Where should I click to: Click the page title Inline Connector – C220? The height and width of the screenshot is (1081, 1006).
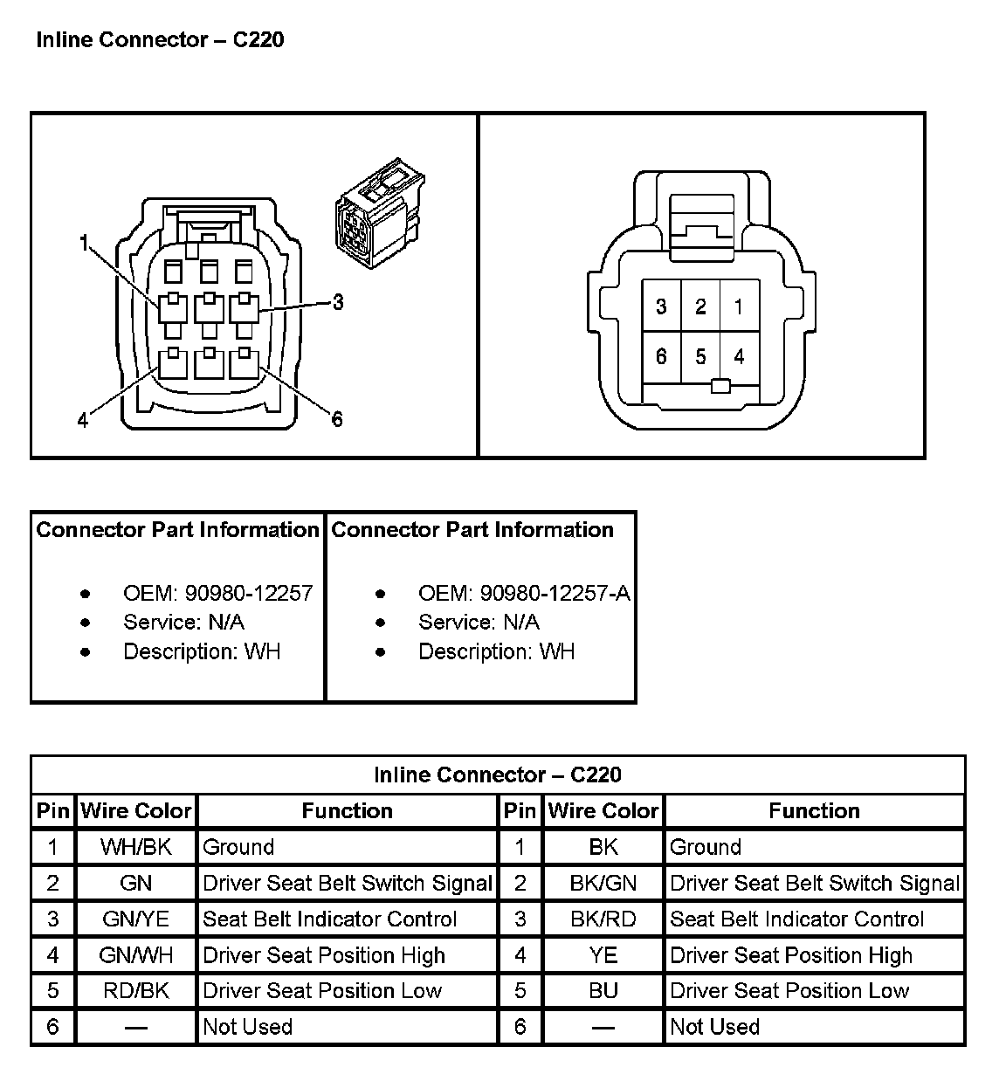coord(160,40)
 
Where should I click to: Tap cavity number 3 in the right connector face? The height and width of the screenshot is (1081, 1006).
coord(661,306)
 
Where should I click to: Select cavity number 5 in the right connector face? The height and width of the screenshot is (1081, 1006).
coord(700,356)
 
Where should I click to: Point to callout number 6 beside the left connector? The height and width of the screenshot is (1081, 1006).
coord(337,419)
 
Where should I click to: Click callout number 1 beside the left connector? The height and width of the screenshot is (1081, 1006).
coord(84,244)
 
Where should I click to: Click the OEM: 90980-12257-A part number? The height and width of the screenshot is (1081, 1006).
coord(524,594)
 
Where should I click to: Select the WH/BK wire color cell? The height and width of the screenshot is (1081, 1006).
coord(136,847)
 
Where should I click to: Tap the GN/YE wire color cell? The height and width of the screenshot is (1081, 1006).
coord(136,919)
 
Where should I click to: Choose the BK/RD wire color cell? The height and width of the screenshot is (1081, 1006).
coord(603,919)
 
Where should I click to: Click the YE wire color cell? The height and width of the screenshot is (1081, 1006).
coord(603,955)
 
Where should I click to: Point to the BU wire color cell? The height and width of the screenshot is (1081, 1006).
coord(603,991)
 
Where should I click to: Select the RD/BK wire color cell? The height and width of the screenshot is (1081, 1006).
coord(136,991)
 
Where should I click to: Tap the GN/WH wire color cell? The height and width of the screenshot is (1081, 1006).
coord(136,955)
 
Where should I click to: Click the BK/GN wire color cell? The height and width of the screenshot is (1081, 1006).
coord(603,883)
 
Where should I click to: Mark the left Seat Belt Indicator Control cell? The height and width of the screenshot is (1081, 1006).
coord(330,919)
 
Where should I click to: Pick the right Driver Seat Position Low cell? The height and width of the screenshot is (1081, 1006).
coord(789,991)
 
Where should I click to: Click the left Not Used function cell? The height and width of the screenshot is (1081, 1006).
coord(248,1027)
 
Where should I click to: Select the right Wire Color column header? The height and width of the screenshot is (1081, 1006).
coord(603,811)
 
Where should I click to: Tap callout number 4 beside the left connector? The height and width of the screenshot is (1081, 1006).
coord(83,421)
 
